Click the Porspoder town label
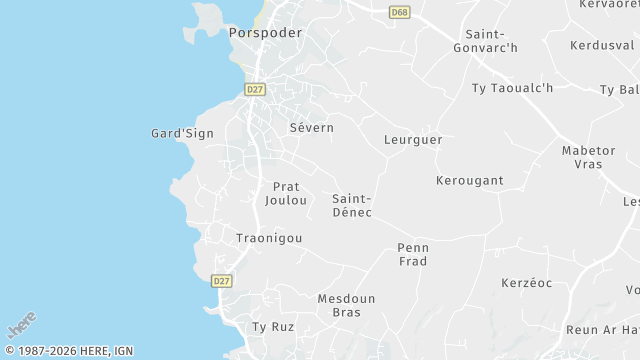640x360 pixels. [264, 32]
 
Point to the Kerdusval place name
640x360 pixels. [602, 46]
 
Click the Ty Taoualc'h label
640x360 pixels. [512, 88]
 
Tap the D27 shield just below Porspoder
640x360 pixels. [255, 89]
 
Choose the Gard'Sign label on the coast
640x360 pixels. [182, 133]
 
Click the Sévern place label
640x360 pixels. [311, 128]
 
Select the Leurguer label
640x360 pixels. [413, 140]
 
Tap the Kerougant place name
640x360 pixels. [469, 181]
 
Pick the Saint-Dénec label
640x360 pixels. [352, 205]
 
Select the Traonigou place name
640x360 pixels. [268, 238]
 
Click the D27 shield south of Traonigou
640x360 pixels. [222, 282]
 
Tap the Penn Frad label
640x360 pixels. [412, 254]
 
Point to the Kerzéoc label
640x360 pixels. [527, 283]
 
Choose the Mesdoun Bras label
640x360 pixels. [346, 305]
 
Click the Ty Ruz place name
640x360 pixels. [272, 327]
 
